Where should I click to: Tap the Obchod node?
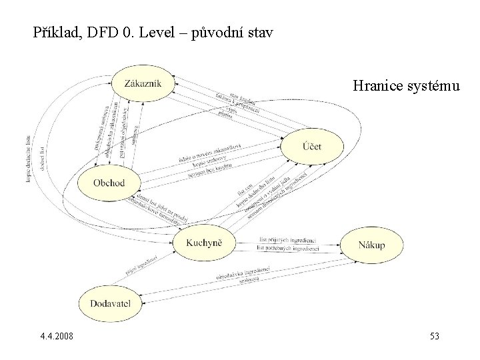109,182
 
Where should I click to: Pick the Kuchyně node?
205,245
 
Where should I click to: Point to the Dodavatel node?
110,304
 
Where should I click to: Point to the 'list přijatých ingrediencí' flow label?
287,240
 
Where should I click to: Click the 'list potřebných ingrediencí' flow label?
288,248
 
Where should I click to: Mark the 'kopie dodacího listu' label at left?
29,161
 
